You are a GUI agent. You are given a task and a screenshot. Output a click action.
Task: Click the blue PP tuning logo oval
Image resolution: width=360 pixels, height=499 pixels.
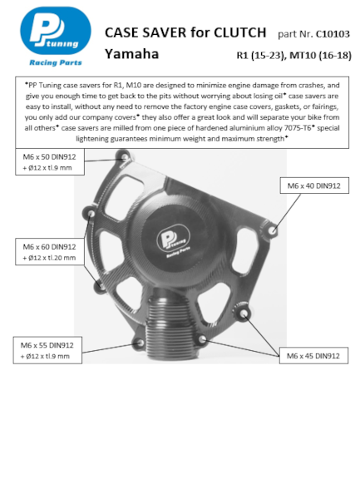pos(56,31)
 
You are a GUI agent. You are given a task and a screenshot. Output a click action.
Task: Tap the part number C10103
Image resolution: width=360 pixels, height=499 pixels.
pos(333,34)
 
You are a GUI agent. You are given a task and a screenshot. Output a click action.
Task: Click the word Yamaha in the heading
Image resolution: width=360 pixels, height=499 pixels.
pos(131,54)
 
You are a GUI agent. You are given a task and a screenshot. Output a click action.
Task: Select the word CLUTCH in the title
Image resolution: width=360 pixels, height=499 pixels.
pos(239,32)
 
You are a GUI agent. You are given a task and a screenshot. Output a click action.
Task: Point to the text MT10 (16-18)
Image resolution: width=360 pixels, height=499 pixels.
pos(320,56)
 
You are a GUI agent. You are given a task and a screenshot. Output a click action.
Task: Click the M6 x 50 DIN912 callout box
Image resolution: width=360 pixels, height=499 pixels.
pos(50,161)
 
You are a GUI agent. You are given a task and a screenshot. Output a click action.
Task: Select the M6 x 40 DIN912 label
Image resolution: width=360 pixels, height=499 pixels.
pos(314,185)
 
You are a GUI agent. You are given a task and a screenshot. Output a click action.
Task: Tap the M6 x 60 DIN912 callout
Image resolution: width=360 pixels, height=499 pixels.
pos(50,252)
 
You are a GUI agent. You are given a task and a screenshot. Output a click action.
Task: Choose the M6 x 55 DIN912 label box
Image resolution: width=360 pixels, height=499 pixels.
pos(47,350)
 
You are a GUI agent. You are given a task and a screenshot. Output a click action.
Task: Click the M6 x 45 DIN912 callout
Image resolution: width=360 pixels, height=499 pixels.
pos(313,355)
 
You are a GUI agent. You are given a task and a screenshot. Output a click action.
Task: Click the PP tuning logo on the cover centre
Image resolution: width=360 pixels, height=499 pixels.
pos(173,240)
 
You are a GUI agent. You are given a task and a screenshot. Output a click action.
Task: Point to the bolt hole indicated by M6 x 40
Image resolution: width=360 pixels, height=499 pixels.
pos(272,230)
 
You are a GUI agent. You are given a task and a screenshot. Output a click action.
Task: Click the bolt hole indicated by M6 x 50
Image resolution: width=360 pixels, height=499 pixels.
pos(125,157)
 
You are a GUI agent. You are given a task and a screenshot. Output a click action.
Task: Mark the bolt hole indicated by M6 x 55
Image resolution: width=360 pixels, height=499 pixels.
pos(139,343)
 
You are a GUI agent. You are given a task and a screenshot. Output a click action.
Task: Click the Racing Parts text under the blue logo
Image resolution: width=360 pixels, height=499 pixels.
pos(56,62)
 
